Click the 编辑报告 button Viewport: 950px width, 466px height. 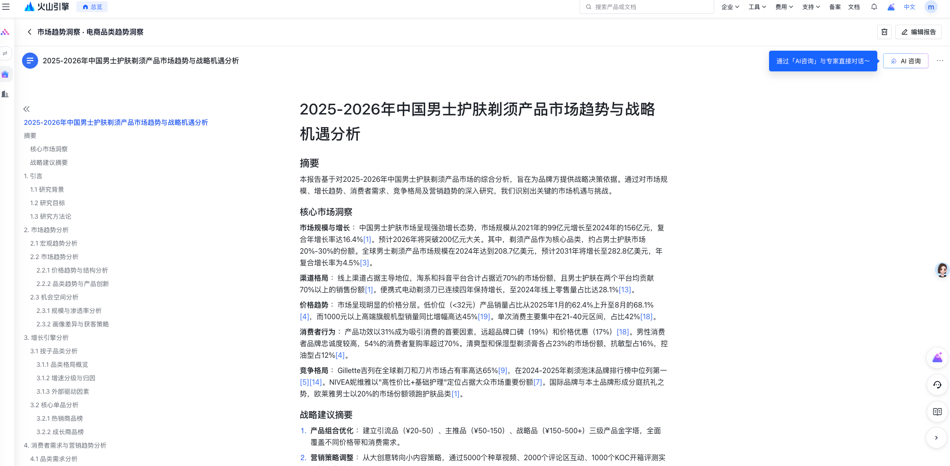coord(919,32)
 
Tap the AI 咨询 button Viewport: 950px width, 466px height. coord(906,61)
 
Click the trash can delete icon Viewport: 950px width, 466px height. coord(884,32)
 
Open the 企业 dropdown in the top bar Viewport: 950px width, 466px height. coord(730,7)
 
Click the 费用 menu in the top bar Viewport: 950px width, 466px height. coord(784,7)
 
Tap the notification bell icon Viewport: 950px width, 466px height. coord(874,7)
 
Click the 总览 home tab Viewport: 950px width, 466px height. coord(92,7)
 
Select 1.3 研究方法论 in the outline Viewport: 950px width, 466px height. coord(51,216)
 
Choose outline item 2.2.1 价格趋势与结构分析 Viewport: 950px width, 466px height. coord(72,270)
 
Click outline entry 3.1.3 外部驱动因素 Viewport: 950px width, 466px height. coord(63,391)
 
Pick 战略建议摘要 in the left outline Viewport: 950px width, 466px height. coord(49,163)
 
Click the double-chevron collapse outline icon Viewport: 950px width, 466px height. coord(26,109)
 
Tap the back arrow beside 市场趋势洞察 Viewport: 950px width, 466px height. coord(30,32)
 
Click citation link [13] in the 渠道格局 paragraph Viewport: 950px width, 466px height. coord(625,290)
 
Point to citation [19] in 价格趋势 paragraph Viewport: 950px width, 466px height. coord(484,317)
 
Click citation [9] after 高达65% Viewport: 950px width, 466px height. coord(502,370)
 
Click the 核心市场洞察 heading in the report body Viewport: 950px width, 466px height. coord(326,212)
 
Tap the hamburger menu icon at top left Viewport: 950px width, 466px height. coord(6,7)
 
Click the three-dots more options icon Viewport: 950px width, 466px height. coord(940,61)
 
